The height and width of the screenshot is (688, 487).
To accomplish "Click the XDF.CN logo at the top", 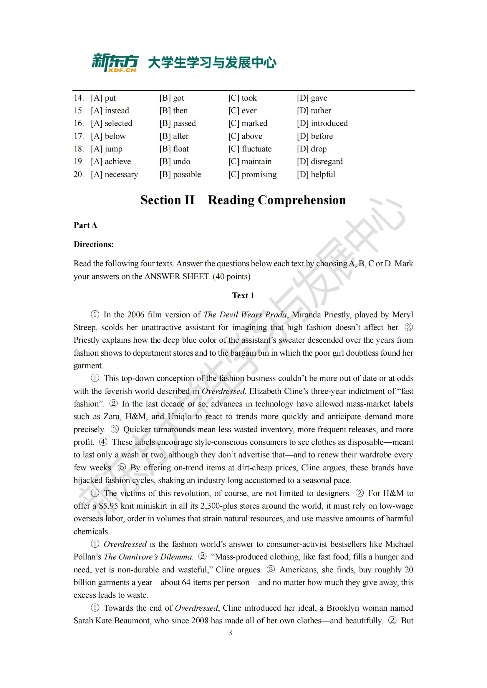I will [115, 63].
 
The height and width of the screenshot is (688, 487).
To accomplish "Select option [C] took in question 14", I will [242, 98].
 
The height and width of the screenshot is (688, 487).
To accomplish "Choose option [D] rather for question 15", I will [314, 111].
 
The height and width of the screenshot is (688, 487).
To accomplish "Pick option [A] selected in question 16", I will [111, 123].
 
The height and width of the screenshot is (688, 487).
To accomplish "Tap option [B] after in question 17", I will [174, 136].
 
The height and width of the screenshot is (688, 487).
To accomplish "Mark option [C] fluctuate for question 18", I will [250, 149].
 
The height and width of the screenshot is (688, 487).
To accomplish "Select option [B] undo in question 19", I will [175, 161].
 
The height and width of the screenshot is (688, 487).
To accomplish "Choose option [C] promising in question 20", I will [252, 174].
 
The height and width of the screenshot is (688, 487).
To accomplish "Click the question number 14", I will [79, 98].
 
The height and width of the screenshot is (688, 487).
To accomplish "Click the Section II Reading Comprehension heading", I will [243, 200].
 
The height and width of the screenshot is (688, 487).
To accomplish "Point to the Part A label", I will [85, 225].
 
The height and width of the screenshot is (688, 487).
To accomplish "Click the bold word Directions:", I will [94, 244].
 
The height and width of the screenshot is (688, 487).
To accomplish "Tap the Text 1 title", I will [243, 295].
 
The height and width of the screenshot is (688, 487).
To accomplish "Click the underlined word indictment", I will [366, 391].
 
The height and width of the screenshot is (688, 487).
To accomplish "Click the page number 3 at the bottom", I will [230, 633].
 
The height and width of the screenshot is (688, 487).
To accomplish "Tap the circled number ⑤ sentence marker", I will [121, 468].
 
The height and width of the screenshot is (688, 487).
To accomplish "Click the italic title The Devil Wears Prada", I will [245, 315].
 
